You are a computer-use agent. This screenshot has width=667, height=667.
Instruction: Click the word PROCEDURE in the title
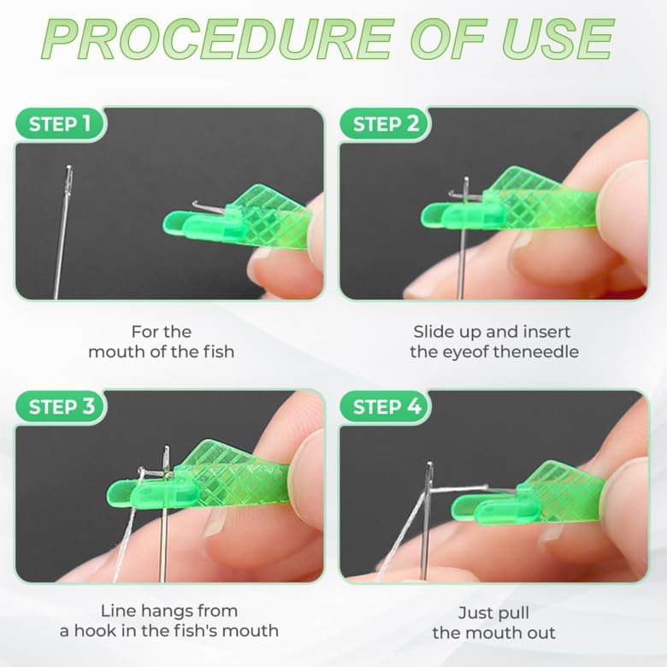tap(201, 38)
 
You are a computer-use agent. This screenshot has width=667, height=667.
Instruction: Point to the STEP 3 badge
tap(62, 407)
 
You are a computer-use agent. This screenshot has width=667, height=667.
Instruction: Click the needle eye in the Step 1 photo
tap(68, 178)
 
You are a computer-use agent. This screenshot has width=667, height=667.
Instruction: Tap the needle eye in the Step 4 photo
tap(429, 469)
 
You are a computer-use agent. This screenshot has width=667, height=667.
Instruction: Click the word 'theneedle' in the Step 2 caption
tap(536, 351)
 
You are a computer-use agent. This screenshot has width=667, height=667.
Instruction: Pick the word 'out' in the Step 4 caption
tap(540, 632)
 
